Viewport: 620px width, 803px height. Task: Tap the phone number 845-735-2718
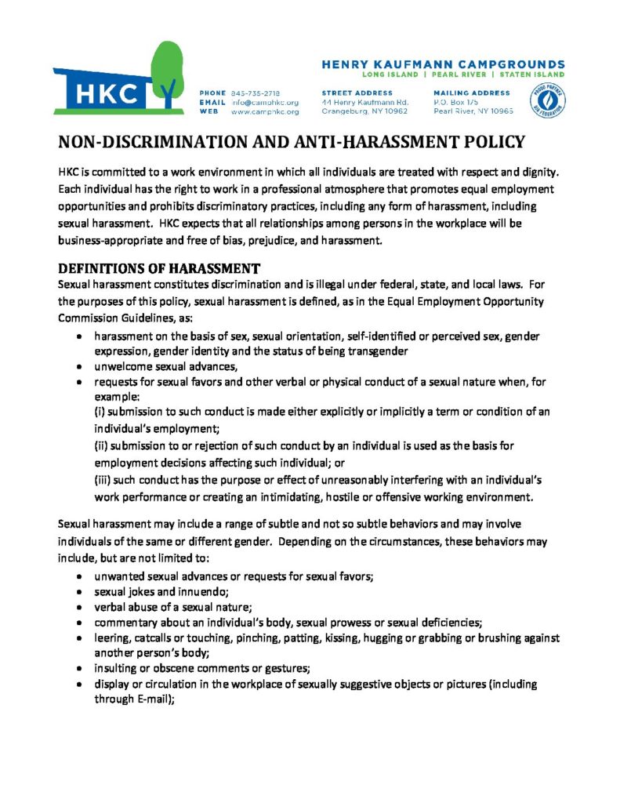(255, 93)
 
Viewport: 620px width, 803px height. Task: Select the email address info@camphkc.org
(264, 103)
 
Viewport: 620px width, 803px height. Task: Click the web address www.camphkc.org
(264, 112)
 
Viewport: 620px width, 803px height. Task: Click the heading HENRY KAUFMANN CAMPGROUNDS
(443, 64)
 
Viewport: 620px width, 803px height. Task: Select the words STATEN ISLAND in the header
(535, 74)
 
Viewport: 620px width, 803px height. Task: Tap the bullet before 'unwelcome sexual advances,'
(81, 366)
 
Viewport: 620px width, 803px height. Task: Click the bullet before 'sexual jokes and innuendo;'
(81, 591)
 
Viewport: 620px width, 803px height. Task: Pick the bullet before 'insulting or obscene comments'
(81, 668)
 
